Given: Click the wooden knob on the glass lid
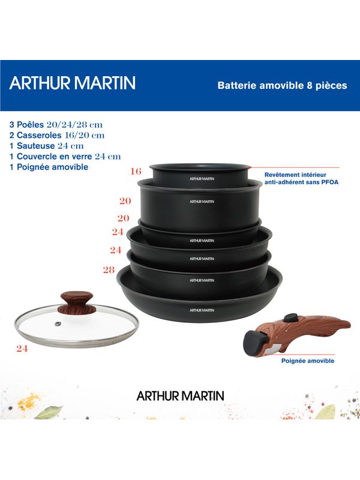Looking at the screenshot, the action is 77,303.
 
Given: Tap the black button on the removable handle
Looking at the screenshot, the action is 291,317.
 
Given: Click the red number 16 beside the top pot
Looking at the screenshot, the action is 136,172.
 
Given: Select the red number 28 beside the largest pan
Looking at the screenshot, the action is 109,269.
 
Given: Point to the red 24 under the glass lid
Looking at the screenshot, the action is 22,349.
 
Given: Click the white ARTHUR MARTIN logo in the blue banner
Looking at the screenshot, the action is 72,83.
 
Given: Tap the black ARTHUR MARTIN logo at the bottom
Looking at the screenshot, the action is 181,396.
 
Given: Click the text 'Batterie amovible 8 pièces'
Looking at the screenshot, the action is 282,85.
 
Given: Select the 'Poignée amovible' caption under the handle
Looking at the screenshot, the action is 308,361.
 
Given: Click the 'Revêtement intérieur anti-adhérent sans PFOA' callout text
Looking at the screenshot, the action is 302,178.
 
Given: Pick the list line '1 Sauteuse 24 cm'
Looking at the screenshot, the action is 47,146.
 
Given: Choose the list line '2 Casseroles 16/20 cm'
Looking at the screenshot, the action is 57,135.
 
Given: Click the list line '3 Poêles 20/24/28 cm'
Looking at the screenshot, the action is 56,125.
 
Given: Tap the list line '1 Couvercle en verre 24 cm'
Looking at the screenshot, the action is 65,157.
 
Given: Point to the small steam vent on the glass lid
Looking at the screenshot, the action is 57,323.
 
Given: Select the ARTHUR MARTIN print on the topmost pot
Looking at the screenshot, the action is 202,179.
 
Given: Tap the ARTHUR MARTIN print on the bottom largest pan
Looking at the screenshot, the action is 202,310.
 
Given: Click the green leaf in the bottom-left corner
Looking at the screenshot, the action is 49,412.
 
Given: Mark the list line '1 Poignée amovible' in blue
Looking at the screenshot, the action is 49,167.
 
